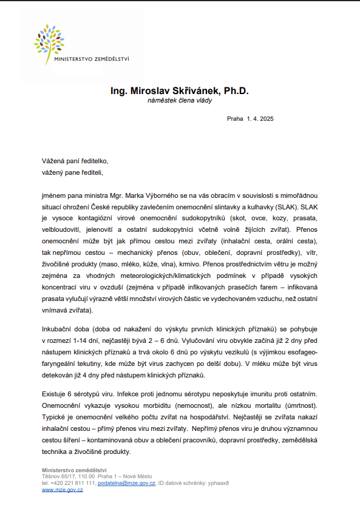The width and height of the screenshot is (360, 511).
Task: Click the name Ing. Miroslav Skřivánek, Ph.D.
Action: point(180,90)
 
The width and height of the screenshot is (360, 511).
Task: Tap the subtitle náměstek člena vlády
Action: point(180,101)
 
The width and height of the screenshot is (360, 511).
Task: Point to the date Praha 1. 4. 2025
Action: point(250,119)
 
